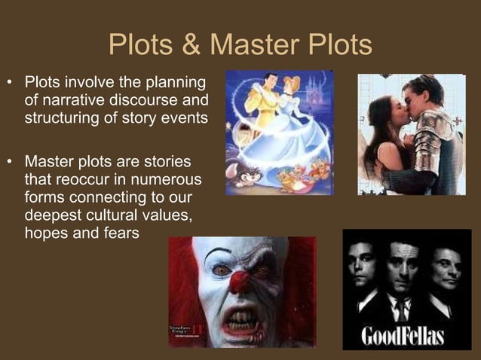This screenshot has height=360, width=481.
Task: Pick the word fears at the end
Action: (121, 233)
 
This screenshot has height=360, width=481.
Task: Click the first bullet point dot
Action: (10, 81)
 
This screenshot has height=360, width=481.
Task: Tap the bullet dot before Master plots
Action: (10, 163)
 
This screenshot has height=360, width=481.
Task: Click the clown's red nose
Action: (239, 282)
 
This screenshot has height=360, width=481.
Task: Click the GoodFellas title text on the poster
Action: (404, 335)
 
